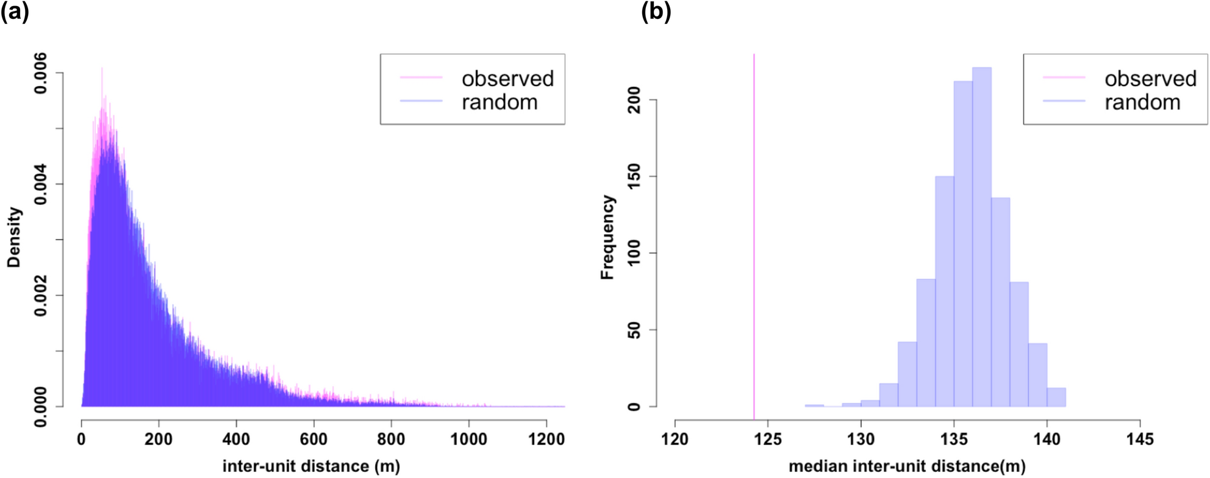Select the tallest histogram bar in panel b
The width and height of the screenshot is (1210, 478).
(981, 238)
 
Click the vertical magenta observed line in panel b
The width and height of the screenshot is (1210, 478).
(754, 232)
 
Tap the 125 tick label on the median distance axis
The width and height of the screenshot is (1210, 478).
(768, 439)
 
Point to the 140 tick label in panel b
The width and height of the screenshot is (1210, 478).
(1047, 439)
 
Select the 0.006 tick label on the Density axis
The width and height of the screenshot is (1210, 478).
(40, 73)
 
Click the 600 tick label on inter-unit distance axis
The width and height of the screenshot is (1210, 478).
(313, 439)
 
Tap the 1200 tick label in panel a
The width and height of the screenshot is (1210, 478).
(546, 439)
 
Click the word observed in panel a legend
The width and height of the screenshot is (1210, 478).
(507, 79)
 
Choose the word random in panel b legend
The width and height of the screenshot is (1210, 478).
(1142, 102)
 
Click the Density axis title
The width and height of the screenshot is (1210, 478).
(14, 238)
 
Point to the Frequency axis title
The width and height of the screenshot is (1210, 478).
(607, 238)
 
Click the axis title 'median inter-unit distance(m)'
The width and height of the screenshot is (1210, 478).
(907, 466)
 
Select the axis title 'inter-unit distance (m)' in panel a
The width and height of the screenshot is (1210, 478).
(311, 466)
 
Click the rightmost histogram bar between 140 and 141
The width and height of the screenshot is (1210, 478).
(1056, 398)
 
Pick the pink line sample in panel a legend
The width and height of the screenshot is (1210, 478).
(421, 77)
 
